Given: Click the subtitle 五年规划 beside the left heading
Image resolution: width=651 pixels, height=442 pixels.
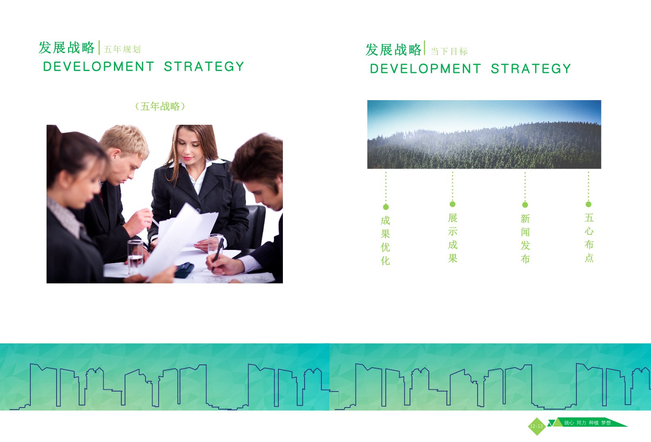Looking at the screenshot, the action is [122, 49].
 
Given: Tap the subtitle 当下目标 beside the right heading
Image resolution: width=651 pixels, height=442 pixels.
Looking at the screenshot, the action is [449, 51].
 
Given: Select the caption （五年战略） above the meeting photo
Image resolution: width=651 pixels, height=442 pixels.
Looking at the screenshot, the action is [160, 107].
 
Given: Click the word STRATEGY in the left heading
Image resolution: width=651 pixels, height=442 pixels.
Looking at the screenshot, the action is [204, 66].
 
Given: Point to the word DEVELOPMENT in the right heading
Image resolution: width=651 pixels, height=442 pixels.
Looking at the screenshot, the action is [425, 69].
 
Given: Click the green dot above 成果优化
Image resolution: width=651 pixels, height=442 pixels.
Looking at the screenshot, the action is [386, 207].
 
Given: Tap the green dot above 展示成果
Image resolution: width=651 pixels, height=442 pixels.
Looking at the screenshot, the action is [453, 204].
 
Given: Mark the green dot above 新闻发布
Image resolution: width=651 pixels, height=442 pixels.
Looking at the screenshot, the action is [525, 205].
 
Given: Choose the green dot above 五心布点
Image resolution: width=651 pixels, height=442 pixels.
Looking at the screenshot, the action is [589, 204].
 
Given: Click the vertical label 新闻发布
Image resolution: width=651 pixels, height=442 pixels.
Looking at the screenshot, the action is [525, 238].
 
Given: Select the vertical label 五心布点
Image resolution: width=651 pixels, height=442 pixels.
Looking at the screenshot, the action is [589, 238].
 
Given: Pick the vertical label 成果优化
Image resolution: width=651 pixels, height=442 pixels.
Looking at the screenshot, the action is [385, 240].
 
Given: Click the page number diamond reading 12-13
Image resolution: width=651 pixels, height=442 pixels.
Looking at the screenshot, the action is [537, 426].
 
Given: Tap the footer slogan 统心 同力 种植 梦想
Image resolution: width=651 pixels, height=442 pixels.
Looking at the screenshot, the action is [587, 423].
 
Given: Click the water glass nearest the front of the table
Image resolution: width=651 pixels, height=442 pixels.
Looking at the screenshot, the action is [135, 257].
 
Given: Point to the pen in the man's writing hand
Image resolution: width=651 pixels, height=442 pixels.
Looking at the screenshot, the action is [218, 254].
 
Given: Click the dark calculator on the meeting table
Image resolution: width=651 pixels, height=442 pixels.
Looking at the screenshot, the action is [184, 270].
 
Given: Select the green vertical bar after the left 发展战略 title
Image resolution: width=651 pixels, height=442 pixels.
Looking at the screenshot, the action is [99, 48].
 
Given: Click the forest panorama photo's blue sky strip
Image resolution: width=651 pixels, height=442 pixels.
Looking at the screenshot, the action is [484, 114].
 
